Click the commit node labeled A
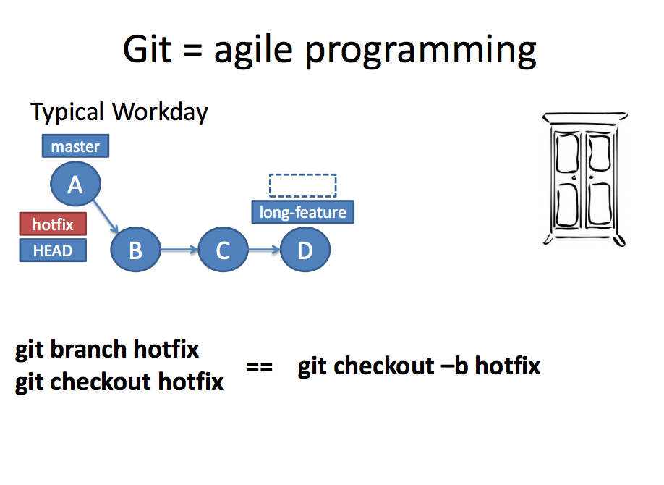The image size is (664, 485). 75,185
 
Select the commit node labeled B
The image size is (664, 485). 135,250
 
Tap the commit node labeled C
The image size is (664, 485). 223,250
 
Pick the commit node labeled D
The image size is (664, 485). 305,250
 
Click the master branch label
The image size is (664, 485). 75,146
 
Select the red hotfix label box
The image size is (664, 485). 53,224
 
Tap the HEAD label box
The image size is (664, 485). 53,250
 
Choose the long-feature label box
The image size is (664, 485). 303,212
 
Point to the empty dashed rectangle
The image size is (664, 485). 302,185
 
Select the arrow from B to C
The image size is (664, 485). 179,250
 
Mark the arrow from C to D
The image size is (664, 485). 264,250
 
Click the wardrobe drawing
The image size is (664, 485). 584,177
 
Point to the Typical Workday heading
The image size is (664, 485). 119,112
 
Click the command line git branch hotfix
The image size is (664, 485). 107,350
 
